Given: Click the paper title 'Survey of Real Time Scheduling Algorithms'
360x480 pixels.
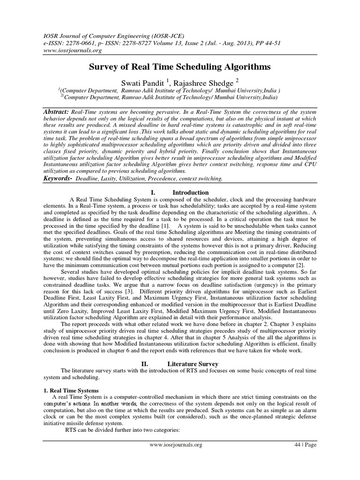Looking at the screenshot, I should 180,67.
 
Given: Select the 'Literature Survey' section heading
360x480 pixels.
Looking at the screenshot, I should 196,363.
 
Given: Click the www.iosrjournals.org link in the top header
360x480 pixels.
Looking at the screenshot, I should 69,50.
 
